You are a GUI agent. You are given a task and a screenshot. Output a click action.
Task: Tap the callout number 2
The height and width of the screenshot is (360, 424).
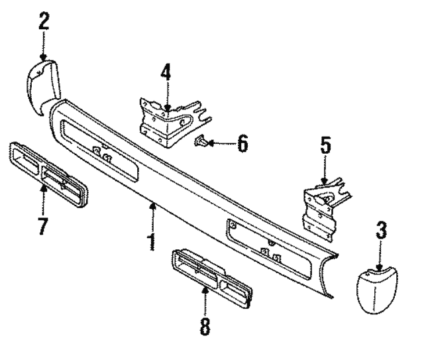[44, 22]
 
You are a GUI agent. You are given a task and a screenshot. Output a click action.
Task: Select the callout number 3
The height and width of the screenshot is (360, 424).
[382, 233]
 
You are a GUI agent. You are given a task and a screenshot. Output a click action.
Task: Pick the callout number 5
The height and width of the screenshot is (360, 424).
[325, 146]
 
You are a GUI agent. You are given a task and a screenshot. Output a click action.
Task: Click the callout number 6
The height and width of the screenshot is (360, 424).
[242, 143]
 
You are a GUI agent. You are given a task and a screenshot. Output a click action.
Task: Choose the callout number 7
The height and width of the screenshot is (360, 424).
[42, 225]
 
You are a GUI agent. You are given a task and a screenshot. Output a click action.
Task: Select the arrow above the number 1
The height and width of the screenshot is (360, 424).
[154, 215]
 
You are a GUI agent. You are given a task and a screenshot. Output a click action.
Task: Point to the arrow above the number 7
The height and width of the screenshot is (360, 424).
[42, 199]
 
